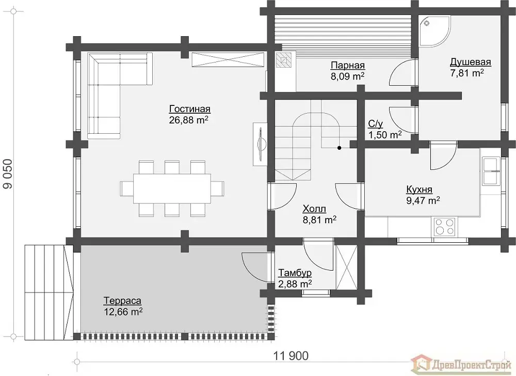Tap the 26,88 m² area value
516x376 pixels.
point(188,120)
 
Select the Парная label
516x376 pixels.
point(348,66)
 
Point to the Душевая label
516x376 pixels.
point(470,62)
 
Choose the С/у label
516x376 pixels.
point(376,124)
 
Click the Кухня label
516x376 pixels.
point(419,190)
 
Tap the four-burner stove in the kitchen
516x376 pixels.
point(444,227)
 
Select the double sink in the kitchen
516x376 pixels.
point(491,171)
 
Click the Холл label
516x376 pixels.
point(314,209)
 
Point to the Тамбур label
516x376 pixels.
point(295,273)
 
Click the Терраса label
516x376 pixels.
point(123,301)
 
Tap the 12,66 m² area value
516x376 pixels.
point(123,311)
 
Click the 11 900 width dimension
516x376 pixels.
point(291,355)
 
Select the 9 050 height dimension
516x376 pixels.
point(8,174)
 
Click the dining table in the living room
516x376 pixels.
point(172,189)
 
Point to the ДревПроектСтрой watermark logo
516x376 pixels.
point(462,365)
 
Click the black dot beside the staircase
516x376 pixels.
point(340,148)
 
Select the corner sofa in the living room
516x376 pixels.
point(120,95)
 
